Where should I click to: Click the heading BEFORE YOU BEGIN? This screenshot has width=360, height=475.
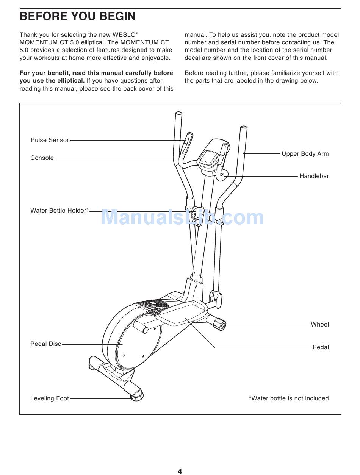coord(77,16)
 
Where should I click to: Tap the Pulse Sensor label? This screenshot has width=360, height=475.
coord(50,140)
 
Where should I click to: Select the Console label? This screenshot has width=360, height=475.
coord(42,158)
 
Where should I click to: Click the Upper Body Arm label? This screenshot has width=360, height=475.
coord(305,154)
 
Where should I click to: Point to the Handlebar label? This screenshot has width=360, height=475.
coord(314,176)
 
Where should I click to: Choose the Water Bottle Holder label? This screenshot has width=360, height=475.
coord(59,211)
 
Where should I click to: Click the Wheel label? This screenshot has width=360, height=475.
coord(320,325)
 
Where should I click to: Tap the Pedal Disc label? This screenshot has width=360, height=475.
coord(45,344)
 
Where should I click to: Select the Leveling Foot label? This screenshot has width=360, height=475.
coord(50,398)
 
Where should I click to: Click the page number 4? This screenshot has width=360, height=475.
coord(180,471)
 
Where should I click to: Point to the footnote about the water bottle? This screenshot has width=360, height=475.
coord(289,398)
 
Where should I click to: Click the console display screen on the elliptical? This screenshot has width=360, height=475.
coord(207,156)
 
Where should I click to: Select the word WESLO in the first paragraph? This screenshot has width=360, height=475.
coord(124,35)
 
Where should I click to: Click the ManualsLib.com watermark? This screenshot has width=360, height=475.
coord(182,218)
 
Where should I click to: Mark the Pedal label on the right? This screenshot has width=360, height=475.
coord(321,347)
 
